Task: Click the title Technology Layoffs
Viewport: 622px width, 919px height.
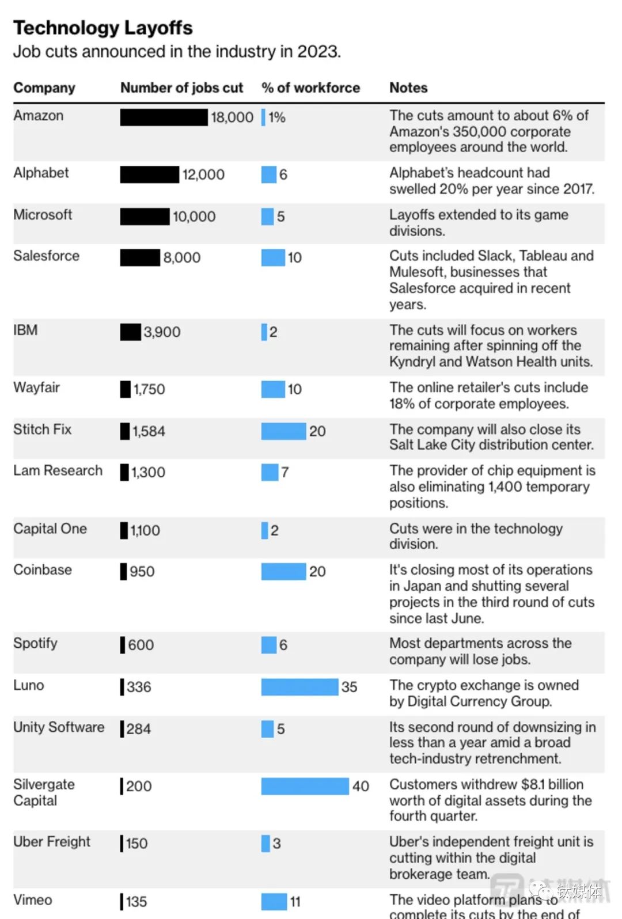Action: [103, 28]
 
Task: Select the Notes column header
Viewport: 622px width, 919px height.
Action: [408, 88]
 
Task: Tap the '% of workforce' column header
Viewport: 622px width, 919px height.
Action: [310, 88]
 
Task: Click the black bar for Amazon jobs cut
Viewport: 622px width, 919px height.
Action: [164, 117]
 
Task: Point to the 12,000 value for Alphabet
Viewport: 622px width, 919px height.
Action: [203, 175]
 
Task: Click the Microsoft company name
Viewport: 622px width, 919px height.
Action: [43, 215]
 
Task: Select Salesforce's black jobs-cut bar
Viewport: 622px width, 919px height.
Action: [140, 257]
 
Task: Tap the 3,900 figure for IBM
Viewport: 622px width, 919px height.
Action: [162, 332]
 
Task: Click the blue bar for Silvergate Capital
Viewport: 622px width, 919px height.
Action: [305, 786]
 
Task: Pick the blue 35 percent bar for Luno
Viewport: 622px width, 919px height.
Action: [299, 687]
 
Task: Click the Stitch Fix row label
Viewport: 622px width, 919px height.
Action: [42, 430]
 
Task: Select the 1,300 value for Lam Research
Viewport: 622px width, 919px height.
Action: [148, 472]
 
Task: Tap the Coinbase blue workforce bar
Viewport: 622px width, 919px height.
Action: [283, 571]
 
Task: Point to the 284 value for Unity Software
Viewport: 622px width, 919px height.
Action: [139, 729]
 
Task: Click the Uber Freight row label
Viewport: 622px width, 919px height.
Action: [52, 842]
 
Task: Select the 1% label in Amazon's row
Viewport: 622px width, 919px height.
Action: [277, 117]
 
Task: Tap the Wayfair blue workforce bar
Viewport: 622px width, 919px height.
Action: [273, 389]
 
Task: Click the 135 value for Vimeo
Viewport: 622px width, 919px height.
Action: [136, 902]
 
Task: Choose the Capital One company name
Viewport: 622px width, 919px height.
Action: [50, 529]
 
